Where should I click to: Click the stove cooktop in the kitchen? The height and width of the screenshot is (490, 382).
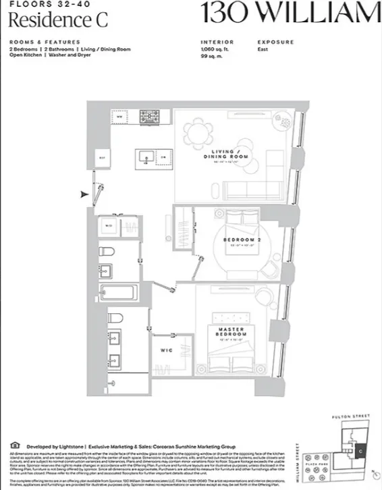pyautogui.click(x=149, y=117)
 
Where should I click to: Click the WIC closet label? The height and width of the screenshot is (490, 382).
pyautogui.click(x=166, y=350)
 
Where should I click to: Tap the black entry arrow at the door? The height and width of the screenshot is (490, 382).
pyautogui.click(x=84, y=194)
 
